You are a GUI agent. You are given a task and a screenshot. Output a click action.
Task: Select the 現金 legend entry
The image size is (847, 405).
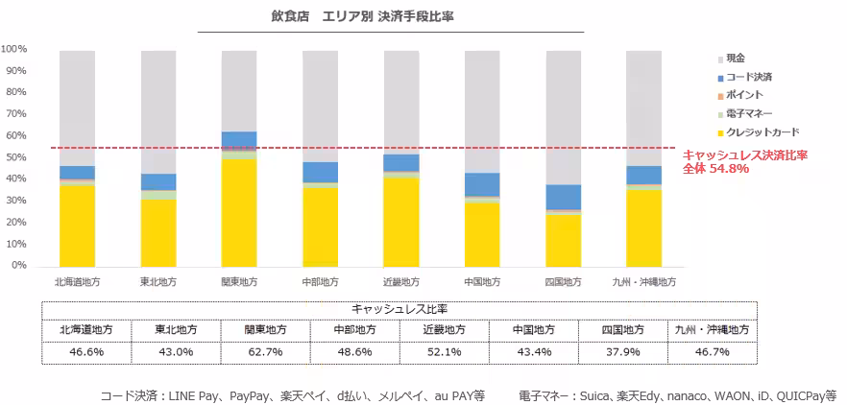[x=736, y=59]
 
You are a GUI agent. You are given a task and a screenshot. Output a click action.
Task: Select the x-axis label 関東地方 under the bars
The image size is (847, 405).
[x=238, y=282]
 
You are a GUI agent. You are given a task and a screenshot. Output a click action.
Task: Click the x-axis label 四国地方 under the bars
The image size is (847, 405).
[x=563, y=282]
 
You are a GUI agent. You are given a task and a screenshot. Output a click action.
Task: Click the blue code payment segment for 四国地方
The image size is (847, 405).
[x=563, y=197]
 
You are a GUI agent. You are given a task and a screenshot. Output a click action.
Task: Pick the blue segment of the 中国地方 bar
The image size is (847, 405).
[x=481, y=184]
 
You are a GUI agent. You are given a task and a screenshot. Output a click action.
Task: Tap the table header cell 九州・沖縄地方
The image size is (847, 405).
[x=714, y=329]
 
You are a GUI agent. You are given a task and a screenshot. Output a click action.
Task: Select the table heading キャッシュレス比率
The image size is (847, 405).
[x=399, y=309]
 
